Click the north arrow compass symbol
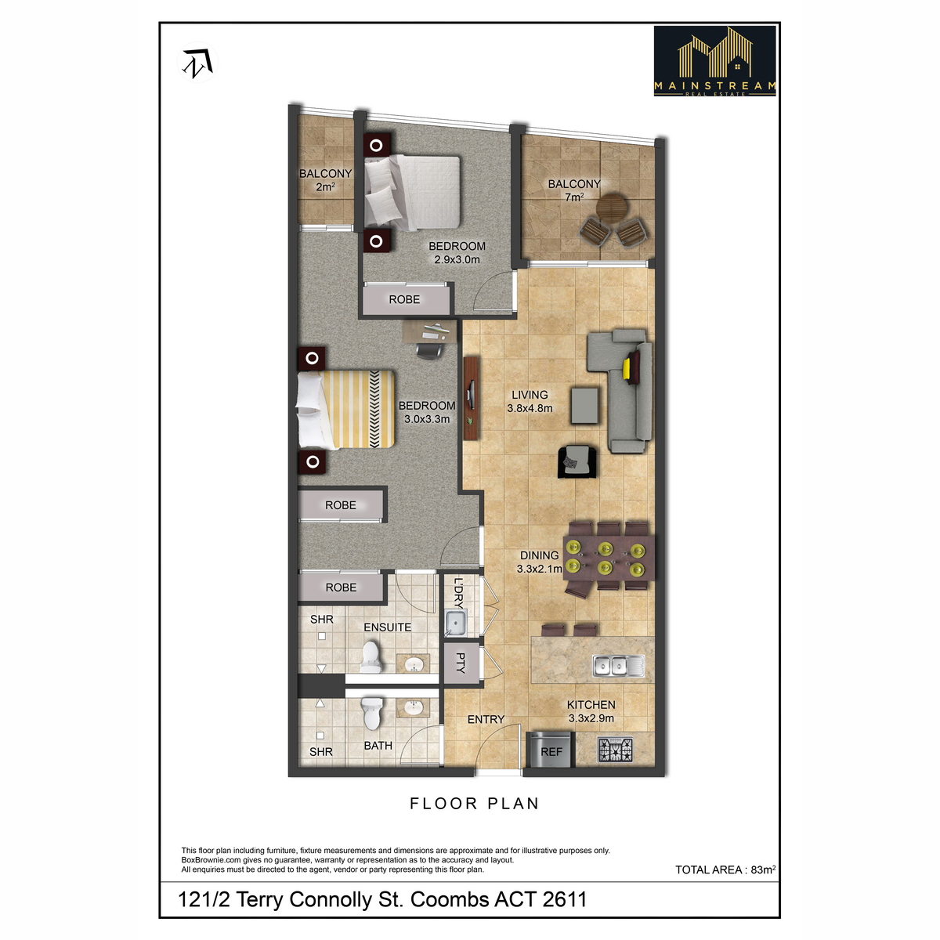pyautogui.click(x=198, y=63)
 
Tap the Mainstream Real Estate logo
pyautogui.click(x=714, y=61)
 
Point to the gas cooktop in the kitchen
pyautogui.click(x=615, y=750)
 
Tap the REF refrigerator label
pyautogui.click(x=551, y=752)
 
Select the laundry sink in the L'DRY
pyautogui.click(x=456, y=624)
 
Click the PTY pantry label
pyautogui.click(x=461, y=663)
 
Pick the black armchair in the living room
pyautogui.click(x=577, y=461)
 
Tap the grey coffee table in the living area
pyautogui.click(x=585, y=405)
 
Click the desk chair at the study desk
pyautogui.click(x=430, y=350)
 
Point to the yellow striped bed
pyautogui.click(x=345, y=409)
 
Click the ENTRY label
pyautogui.click(x=486, y=720)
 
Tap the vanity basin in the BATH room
pyautogui.click(x=413, y=707)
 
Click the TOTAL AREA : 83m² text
pyautogui.click(x=725, y=869)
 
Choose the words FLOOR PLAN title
pyautogui.click(x=474, y=804)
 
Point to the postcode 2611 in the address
pyautogui.click(x=564, y=899)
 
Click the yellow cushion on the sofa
pyautogui.click(x=627, y=369)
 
